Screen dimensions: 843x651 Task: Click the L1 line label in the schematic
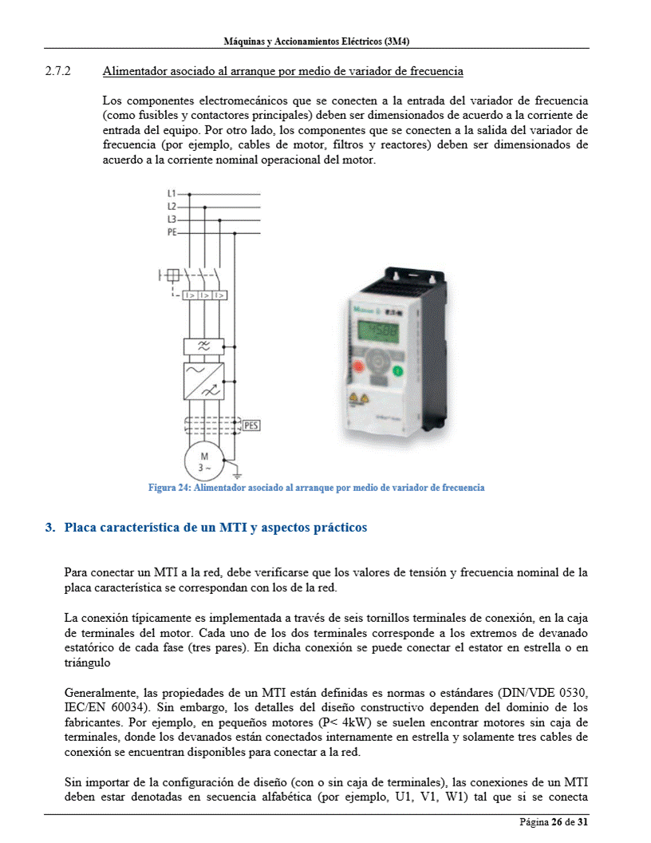[172, 194]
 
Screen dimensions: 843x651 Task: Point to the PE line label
[172, 232]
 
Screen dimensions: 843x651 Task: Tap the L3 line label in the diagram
[172, 220]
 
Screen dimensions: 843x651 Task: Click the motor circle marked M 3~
[205, 461]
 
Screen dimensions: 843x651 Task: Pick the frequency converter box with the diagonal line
[204, 381]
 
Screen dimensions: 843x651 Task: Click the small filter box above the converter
[204, 346]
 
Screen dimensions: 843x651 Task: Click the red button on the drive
[357, 369]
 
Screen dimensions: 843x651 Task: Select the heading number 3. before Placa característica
[51, 528]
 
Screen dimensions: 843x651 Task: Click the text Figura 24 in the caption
[168, 488]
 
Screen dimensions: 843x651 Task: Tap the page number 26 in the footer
[557, 822]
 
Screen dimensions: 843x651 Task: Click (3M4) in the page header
[402, 40]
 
